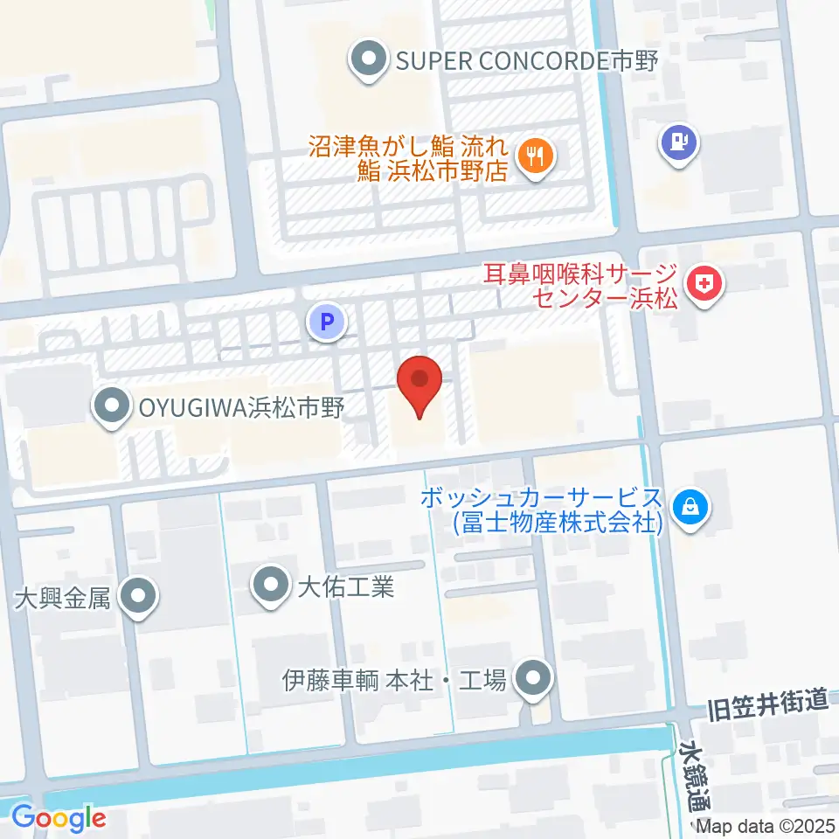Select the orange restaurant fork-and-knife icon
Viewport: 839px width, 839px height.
pos(534,157)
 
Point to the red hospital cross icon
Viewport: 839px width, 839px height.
pos(704,284)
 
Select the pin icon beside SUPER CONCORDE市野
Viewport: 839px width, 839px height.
pos(369,60)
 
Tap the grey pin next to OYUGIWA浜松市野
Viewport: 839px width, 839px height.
pos(111,406)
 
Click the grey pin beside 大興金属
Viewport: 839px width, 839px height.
pos(137,597)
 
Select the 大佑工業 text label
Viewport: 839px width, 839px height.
pos(346,585)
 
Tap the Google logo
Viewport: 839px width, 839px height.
pos(59,818)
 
